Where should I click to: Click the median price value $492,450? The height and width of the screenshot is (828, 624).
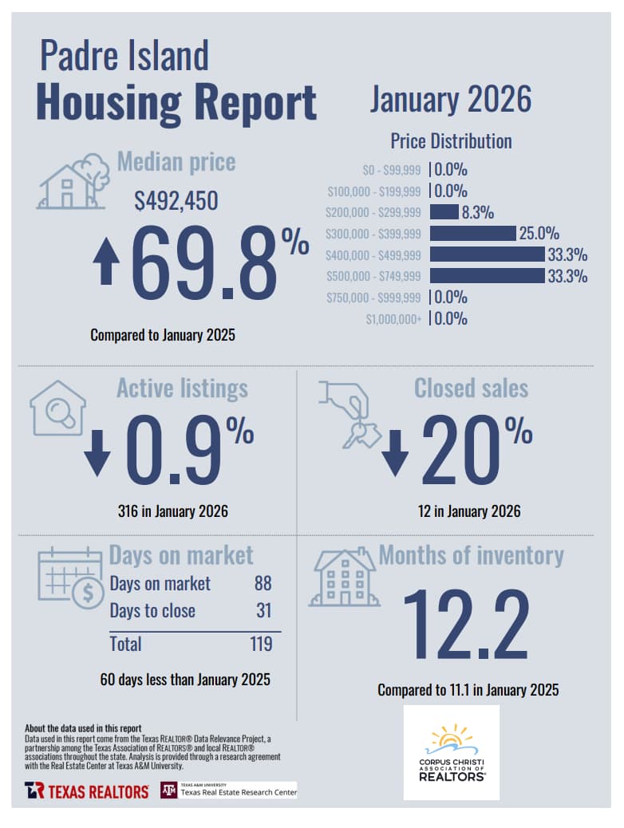pos(176,202)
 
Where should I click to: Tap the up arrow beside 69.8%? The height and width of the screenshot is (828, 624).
pos(105,264)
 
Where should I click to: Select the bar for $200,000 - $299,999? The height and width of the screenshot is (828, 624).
pos(444,212)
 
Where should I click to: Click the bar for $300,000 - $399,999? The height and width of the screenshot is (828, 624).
pos(472,234)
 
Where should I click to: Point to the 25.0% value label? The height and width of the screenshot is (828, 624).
pos(539,234)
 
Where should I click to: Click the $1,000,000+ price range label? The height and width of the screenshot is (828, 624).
pos(393,319)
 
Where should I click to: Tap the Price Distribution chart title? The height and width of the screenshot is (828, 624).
pos(451,141)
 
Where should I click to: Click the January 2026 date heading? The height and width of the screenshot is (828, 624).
pos(450,100)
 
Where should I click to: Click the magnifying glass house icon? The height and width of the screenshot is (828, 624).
pos(57,408)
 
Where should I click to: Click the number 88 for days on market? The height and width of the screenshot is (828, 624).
pos(263,583)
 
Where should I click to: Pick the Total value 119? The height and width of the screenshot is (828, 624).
pos(260,644)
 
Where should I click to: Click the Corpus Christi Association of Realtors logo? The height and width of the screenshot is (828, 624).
pos(452,752)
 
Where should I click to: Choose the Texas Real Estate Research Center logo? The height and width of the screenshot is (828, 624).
pos(229,790)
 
